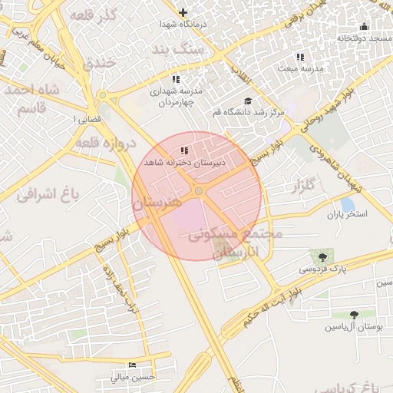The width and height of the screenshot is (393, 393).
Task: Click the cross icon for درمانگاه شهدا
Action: tap(183, 12)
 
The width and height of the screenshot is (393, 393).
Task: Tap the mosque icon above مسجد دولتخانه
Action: tap(364, 27)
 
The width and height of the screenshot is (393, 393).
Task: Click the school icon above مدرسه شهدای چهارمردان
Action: tap(176, 79)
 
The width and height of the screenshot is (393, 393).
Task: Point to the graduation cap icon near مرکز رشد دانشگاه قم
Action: tap(247, 101)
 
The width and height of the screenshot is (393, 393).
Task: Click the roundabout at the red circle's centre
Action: tap(199, 190)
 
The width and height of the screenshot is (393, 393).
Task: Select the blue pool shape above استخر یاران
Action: tap(347, 205)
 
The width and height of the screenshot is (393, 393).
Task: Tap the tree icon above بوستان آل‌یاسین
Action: tap(354, 315)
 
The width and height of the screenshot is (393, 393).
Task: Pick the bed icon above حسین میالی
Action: tap(133, 365)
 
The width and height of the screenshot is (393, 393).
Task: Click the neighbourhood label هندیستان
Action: tap(157, 203)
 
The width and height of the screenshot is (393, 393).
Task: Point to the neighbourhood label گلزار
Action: tap(304, 185)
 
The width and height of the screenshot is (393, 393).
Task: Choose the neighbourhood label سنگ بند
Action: tap(179, 49)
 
